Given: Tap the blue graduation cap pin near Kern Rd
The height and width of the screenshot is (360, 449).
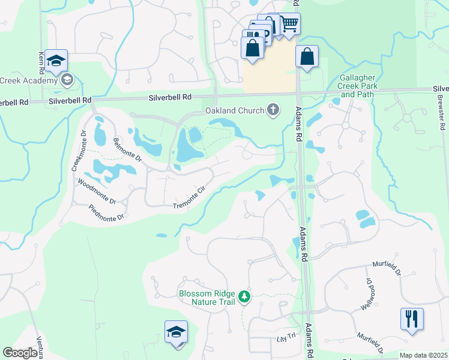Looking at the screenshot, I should (56, 61).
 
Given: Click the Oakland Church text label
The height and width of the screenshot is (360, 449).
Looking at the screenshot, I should (235, 110).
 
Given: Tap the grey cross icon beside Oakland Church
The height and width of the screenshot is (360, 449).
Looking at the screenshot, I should (274, 109).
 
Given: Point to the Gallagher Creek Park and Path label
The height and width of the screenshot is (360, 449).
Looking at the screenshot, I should (357, 86).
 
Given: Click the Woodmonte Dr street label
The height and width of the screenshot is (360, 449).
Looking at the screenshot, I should (97, 193).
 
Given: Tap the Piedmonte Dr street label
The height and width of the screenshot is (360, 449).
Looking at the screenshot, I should (106, 212).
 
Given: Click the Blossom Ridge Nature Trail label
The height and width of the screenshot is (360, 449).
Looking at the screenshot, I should (208, 298).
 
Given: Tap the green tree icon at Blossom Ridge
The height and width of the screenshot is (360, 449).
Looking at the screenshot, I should (244, 296).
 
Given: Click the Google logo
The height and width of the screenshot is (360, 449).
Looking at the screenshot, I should (20, 353).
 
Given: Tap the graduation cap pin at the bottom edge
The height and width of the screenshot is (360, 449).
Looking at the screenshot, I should (176, 332).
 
